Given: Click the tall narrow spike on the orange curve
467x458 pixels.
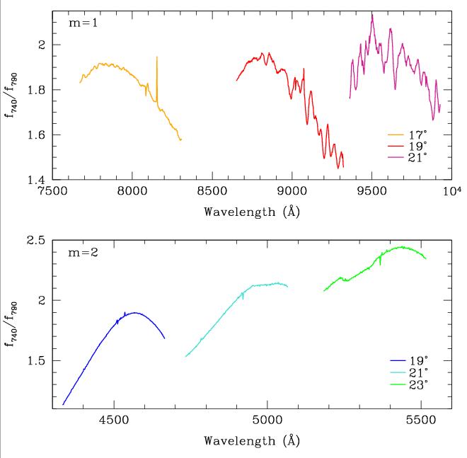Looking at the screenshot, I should click(x=156, y=58).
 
